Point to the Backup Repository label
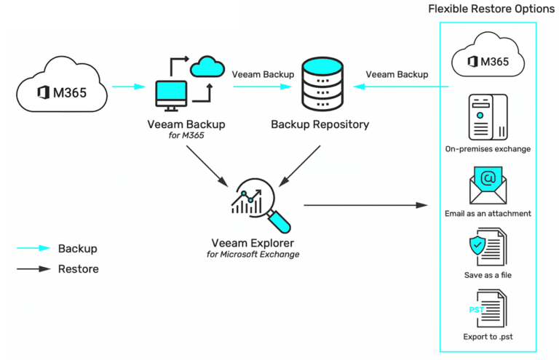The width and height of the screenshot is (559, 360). [320, 124]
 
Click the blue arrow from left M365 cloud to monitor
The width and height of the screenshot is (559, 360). [130, 87]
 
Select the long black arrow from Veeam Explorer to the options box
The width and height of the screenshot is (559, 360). [365, 206]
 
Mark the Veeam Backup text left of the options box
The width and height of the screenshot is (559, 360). [397, 73]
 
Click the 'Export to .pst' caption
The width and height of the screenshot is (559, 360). [487, 337]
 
